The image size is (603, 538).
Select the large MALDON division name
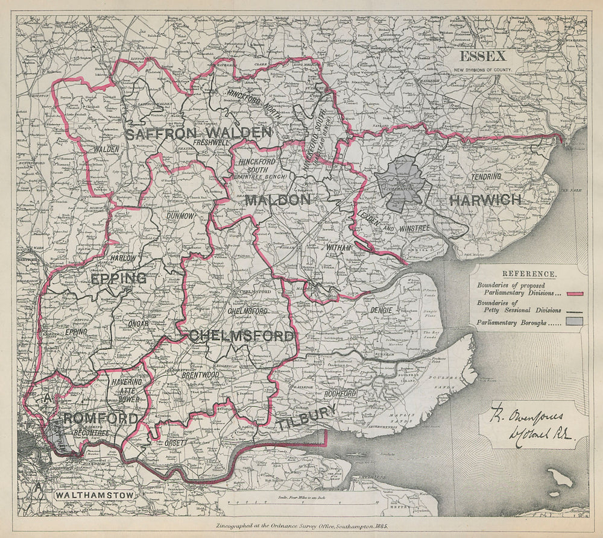pos(277,200)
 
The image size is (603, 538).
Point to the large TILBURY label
pos(308,419)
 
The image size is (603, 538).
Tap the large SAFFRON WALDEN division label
pos(199,133)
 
